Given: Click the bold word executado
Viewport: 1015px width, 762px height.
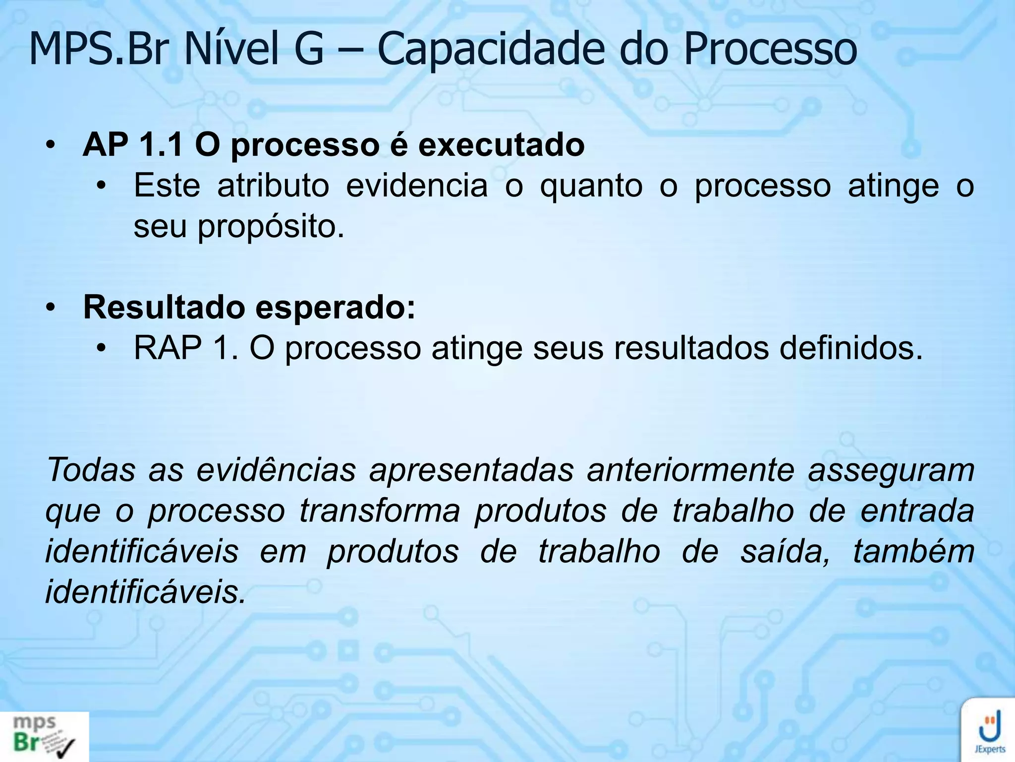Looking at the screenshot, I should (501, 145).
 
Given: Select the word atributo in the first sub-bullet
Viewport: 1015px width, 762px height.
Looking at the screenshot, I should (273, 186).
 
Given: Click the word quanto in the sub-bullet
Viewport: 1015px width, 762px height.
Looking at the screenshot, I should (591, 186).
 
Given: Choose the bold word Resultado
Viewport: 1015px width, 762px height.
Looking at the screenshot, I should (164, 308).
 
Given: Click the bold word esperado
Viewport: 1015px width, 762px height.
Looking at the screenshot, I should (335, 308).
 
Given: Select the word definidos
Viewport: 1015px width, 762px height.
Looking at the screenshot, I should (851, 348).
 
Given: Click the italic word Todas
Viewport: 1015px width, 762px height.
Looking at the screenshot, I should (91, 470).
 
